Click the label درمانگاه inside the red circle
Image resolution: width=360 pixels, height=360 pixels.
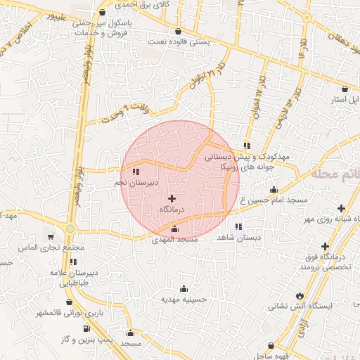point(172,210)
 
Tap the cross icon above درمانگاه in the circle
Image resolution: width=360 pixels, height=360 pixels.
point(172,199)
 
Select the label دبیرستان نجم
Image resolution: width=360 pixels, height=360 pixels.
point(136,182)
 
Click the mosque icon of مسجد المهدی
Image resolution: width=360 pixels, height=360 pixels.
point(175,229)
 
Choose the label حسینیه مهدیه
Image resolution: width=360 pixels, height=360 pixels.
point(184,298)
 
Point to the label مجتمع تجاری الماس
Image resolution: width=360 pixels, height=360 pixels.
point(50,247)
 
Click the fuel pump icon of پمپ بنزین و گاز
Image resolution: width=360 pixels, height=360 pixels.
point(86,328)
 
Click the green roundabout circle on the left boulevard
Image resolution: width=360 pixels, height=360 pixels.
point(71,229)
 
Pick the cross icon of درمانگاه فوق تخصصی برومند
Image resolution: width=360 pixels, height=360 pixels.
point(325,246)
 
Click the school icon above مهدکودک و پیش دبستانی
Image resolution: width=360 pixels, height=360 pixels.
point(246,146)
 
